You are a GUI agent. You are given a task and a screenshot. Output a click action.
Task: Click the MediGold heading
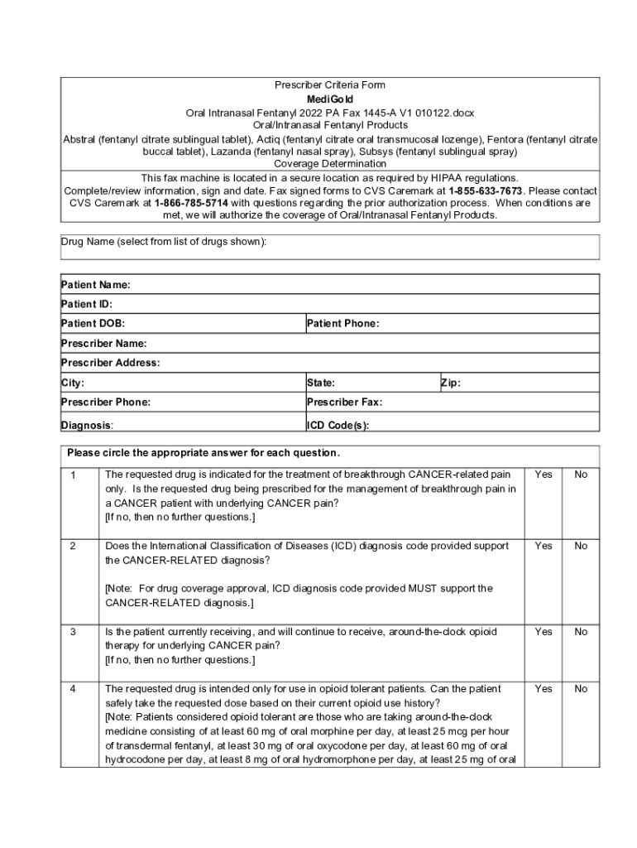click(x=330, y=99)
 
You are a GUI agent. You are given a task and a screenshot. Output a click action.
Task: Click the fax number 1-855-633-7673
click(x=486, y=190)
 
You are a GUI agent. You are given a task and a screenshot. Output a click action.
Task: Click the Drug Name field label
click(x=164, y=241)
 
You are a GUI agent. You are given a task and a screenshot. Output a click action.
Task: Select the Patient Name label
click(x=96, y=285)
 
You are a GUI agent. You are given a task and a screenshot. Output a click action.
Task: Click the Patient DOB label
click(x=93, y=324)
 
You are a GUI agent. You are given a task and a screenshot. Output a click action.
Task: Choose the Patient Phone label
click(x=342, y=324)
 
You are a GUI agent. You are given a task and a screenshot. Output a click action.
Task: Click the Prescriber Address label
click(x=111, y=363)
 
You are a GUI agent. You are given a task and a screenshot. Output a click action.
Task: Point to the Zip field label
click(x=451, y=383)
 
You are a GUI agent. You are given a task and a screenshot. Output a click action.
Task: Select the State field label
click(x=321, y=383)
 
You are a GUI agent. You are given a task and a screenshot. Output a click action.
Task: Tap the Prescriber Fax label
click(x=344, y=402)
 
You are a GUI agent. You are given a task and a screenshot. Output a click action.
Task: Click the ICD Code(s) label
click(x=338, y=426)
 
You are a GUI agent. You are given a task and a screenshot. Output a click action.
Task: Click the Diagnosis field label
click(x=87, y=426)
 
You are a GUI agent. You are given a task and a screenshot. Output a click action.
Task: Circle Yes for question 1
click(x=544, y=475)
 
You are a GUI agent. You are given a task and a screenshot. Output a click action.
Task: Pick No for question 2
click(x=581, y=546)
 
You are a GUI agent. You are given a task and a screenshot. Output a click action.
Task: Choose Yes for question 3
click(x=544, y=632)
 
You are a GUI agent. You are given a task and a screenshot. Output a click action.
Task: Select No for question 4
click(x=581, y=689)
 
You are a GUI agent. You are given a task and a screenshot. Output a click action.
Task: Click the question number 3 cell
click(x=74, y=632)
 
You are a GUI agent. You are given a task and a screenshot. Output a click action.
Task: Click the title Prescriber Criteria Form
click(x=330, y=85)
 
